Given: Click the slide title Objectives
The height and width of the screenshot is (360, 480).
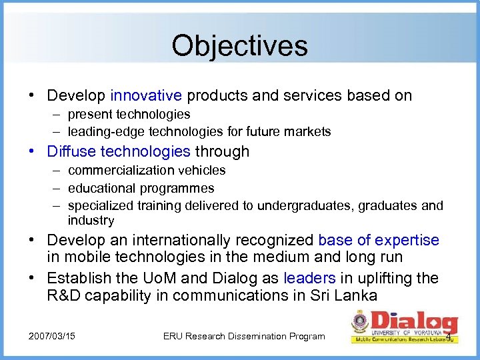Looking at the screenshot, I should pyautogui.click(x=239, y=46).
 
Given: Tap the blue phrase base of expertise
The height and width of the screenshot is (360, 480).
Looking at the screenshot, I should pyautogui.click(x=379, y=240).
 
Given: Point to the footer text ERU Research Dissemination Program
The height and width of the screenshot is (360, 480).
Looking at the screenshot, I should pyautogui.click(x=244, y=336).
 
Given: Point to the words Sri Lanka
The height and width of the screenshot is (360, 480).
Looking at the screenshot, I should pyautogui.click(x=346, y=296).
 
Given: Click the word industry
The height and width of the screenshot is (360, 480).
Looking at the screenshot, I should pyautogui.click(x=91, y=220).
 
